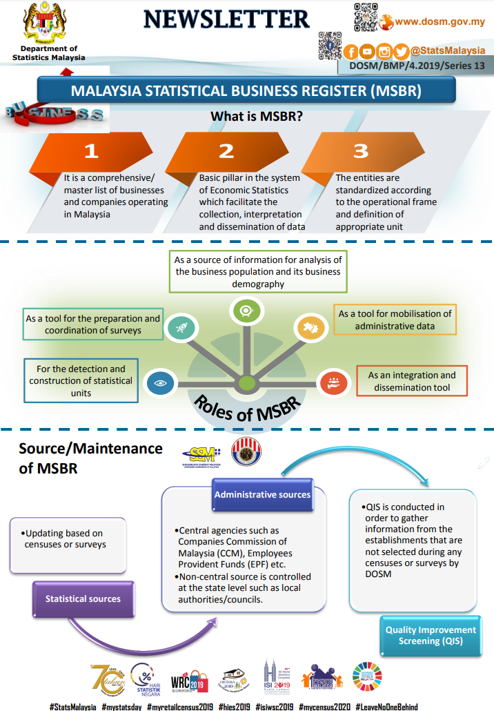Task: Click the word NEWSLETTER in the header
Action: pyautogui.click(x=226, y=19)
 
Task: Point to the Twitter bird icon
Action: pyautogui.click(x=401, y=51)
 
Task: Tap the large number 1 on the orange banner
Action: pyautogui.click(x=92, y=151)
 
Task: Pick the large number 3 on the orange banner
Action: pyautogui.click(x=361, y=151)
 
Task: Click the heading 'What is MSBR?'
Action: pyautogui.click(x=257, y=117)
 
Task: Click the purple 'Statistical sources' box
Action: pyautogui.click(x=83, y=598)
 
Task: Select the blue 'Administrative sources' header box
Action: pyautogui.click(x=262, y=494)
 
